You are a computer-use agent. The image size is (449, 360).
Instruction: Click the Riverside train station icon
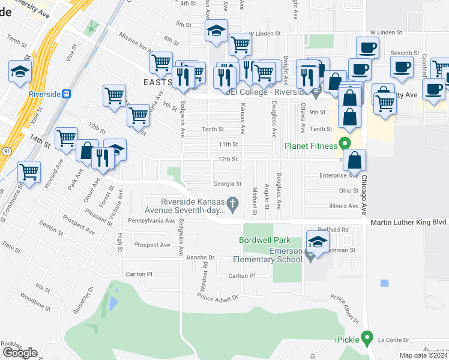(x=67, y=94)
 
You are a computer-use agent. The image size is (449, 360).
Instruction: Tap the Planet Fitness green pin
(x=344, y=144)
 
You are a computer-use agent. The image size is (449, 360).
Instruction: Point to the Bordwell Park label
(x=264, y=239)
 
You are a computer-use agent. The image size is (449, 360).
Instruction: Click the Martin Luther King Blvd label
(x=408, y=222)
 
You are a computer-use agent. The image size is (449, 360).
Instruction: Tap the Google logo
(x=20, y=353)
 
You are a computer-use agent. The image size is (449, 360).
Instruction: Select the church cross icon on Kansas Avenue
(x=235, y=205)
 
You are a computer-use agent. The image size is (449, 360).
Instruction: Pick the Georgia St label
(x=228, y=184)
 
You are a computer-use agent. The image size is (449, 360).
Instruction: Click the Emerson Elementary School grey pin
(x=310, y=257)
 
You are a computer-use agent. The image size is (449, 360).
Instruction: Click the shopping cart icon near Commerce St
(x=29, y=172)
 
